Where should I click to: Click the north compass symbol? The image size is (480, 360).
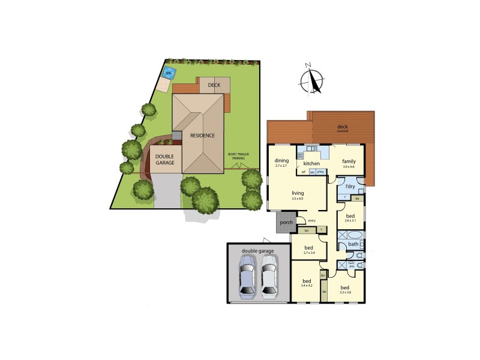(312, 80)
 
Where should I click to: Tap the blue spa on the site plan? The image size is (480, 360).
(168, 73)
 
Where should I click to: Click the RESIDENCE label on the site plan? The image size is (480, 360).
(202, 136)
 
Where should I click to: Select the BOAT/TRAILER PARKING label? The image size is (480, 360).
(238, 156)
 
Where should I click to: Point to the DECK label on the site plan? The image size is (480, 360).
(214, 85)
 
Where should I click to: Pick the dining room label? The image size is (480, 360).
(282, 161)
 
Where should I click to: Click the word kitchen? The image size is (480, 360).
(311, 163)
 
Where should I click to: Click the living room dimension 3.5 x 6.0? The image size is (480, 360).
(297, 198)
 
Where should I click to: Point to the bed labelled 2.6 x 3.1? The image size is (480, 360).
(350, 217)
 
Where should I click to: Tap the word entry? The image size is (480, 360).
(311, 221)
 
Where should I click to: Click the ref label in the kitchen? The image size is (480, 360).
(304, 172)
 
